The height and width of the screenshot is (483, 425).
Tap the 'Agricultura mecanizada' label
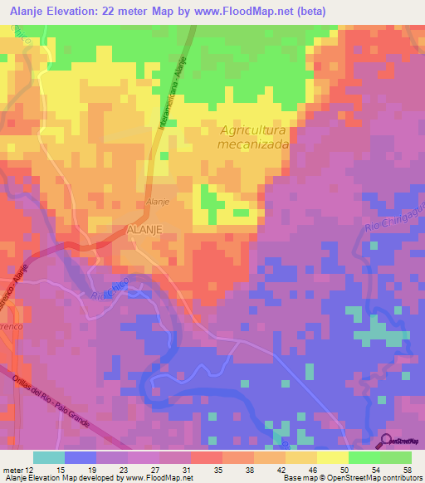(254, 137)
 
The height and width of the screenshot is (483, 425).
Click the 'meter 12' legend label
(17, 470)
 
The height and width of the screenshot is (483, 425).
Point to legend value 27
(156, 470)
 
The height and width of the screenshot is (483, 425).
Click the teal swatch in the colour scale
(48, 457)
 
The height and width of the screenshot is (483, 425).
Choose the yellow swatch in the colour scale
(332, 457)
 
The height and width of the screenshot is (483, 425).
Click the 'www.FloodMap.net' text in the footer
(156, 478)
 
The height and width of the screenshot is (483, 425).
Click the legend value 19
(93, 470)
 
